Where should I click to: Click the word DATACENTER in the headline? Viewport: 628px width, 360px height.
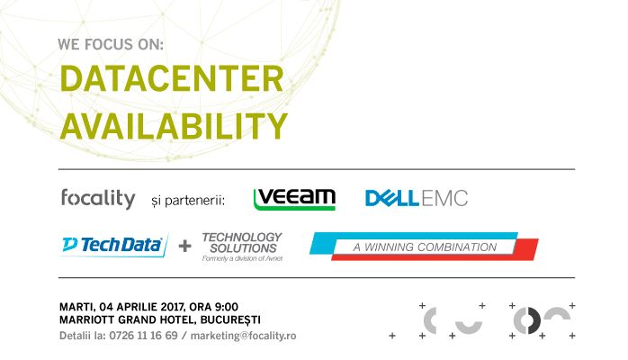[x=171, y=81]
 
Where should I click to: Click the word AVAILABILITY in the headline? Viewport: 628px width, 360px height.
[x=174, y=124]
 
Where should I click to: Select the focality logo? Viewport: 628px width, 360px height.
[x=97, y=198]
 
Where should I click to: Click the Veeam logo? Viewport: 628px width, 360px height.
[x=294, y=198]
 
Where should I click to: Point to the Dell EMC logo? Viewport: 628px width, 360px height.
[x=416, y=198]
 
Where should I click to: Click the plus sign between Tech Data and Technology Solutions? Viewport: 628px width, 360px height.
[x=184, y=245]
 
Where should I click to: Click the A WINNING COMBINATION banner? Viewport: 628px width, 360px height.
[x=424, y=247]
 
